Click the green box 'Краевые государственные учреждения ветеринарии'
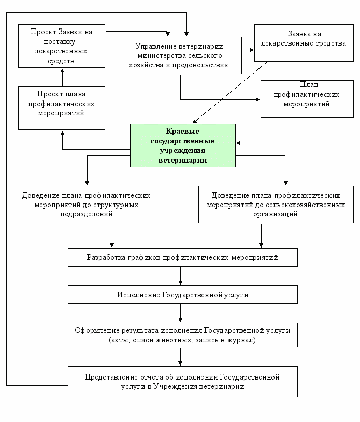(x=183, y=145)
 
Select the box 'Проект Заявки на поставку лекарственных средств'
(x=62, y=46)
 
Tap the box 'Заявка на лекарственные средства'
(x=304, y=43)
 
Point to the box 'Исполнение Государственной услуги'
(x=182, y=295)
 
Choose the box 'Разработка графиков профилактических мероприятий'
(x=182, y=257)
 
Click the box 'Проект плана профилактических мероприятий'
(x=62, y=108)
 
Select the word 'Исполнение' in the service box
(x=138, y=295)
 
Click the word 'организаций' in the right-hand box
(x=276, y=214)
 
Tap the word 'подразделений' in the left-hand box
(x=87, y=214)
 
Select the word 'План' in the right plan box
(x=309, y=85)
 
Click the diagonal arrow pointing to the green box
(x=229, y=93)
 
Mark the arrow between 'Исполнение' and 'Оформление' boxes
(x=180, y=313)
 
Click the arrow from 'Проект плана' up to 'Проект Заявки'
(x=63, y=78)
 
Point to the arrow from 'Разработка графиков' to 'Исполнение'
(x=180, y=276)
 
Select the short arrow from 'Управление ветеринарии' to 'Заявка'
(x=248, y=50)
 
